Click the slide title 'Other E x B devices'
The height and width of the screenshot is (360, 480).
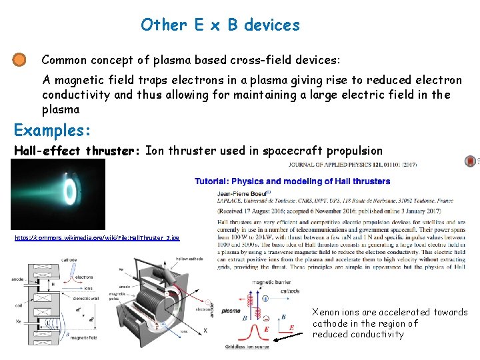[220, 25]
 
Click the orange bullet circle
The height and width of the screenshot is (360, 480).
[20, 60]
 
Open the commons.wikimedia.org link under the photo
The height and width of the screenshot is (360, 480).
[97, 237]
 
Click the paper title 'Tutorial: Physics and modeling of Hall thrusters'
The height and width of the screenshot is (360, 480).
[292, 181]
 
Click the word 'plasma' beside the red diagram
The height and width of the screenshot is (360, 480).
[231, 311]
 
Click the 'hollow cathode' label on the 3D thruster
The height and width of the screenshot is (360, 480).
[191, 258]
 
